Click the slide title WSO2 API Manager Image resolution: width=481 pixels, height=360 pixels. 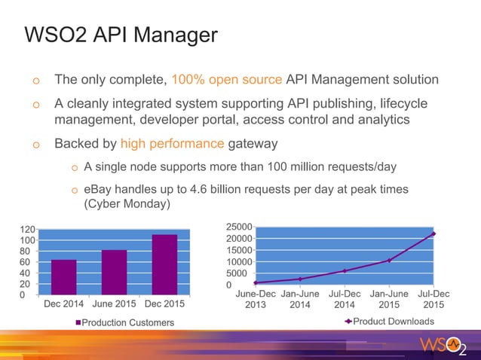(121, 35)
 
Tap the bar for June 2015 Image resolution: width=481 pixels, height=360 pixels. (114, 272)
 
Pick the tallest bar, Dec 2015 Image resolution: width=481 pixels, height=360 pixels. (164, 264)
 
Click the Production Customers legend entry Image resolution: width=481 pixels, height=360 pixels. (124, 322)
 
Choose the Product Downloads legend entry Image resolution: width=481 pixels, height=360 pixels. (389, 322)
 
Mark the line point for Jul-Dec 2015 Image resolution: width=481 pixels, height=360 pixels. (434, 234)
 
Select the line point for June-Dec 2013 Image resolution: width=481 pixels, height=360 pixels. (256, 282)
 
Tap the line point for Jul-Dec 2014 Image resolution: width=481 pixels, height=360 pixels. (345, 271)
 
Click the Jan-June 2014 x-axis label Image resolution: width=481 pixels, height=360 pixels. (300, 299)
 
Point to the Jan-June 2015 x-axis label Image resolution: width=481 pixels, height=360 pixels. (389, 299)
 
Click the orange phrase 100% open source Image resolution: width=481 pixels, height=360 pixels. (226, 79)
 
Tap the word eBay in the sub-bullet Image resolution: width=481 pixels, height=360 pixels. (98, 190)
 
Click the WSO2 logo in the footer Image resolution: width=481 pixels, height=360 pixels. (443, 346)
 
